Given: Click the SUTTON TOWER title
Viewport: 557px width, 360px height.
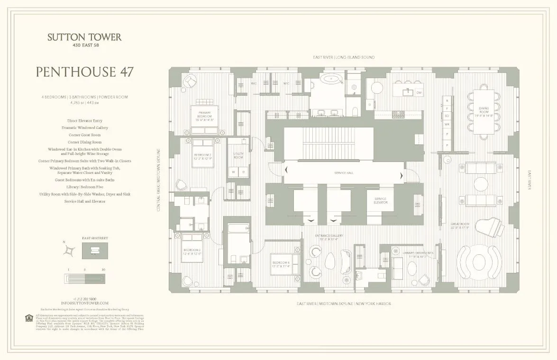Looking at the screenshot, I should [84, 37].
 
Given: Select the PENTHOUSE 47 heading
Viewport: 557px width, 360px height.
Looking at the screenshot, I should [84, 72].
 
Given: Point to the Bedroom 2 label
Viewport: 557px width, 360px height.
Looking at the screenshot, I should [202, 155].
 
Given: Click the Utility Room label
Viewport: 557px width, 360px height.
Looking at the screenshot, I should [238, 154].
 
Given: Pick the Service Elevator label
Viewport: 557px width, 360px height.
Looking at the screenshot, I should [381, 200].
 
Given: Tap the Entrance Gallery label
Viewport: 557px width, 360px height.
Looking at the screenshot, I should [326, 237].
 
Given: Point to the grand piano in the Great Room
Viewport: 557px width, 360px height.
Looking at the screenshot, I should [495, 228].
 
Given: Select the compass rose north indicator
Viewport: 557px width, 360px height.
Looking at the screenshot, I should [70, 250].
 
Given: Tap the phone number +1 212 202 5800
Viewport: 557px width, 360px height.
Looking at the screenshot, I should [84, 298].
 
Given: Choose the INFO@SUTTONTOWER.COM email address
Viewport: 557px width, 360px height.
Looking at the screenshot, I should [84, 303].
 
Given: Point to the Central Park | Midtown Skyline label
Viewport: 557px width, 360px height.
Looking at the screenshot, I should [160, 180].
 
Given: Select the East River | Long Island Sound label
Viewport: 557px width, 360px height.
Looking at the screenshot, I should [344, 57].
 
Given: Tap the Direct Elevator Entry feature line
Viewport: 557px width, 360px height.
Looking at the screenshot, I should [84, 121].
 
